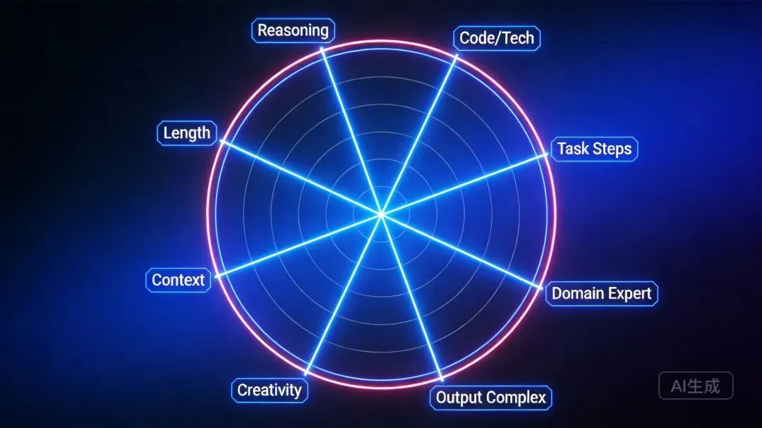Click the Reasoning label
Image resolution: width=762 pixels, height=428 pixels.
click(293, 30)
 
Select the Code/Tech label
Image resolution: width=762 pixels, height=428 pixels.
click(497, 38)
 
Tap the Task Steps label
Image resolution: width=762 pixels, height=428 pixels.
click(594, 149)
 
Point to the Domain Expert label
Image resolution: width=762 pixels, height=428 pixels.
click(601, 293)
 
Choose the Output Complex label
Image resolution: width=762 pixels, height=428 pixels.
click(490, 398)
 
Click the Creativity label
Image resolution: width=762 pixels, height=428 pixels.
click(270, 390)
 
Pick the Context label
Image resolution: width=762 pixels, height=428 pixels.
click(178, 280)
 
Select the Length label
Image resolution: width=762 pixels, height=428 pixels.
click(186, 133)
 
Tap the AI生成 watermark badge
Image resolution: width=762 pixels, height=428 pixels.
click(696, 386)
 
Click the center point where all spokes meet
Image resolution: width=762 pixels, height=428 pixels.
click(381, 213)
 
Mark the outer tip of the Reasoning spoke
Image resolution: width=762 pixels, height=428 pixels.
click(322, 49)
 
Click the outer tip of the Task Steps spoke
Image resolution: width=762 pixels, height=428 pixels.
click(548, 155)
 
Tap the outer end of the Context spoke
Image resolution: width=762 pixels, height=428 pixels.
click(215, 276)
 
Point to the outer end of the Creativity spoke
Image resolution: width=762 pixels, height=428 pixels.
click(306, 372)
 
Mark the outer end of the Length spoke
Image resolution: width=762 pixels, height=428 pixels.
click(221, 140)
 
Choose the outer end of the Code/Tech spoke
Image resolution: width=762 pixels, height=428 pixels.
click(455, 56)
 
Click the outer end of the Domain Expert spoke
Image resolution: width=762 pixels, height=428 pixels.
click(542, 287)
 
